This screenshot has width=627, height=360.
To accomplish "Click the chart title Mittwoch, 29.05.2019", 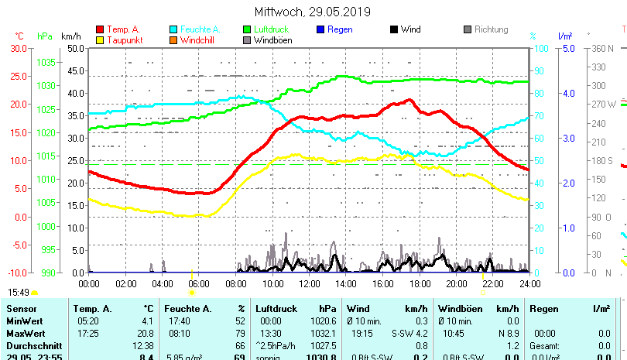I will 313,12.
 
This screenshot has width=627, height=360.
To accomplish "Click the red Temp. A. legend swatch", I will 101,29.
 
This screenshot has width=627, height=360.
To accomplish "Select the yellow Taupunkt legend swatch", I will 101,39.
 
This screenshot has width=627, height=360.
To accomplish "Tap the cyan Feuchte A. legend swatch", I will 173,29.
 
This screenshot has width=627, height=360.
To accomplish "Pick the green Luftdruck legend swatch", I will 247,29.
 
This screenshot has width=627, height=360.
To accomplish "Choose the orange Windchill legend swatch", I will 173,39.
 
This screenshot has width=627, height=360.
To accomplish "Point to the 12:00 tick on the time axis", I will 309,284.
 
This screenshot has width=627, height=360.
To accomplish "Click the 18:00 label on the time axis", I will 419,284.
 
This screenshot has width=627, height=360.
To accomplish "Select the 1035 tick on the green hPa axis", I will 46,62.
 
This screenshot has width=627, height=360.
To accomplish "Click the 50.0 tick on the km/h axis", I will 75,48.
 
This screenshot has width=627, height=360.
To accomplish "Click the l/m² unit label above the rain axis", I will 564,36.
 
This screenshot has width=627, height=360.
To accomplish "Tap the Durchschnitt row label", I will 31,345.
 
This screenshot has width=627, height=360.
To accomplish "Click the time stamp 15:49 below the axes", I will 19,293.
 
